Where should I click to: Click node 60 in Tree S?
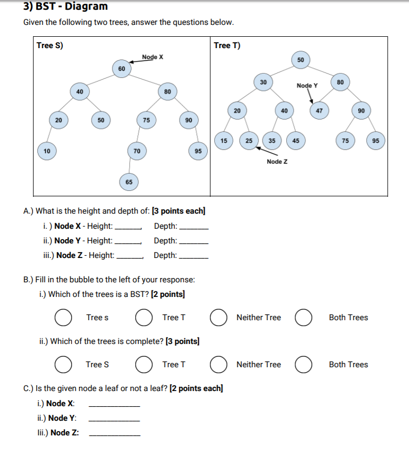[122, 69]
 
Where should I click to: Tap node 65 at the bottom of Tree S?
[129, 182]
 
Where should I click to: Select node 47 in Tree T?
[319, 110]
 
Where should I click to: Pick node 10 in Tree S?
[47, 151]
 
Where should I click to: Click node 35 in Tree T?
[272, 141]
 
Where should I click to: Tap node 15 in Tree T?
[223, 141]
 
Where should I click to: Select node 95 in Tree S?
[199, 151]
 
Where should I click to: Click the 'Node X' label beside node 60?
[153, 57]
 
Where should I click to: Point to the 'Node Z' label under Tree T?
[277, 162]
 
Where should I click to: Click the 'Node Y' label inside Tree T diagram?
[307, 85]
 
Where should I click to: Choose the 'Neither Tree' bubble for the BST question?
[219, 317]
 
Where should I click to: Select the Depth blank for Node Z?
[194, 255]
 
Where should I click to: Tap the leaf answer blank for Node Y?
[114, 418]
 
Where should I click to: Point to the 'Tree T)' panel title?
[227, 45]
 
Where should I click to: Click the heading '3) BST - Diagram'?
[65, 7]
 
